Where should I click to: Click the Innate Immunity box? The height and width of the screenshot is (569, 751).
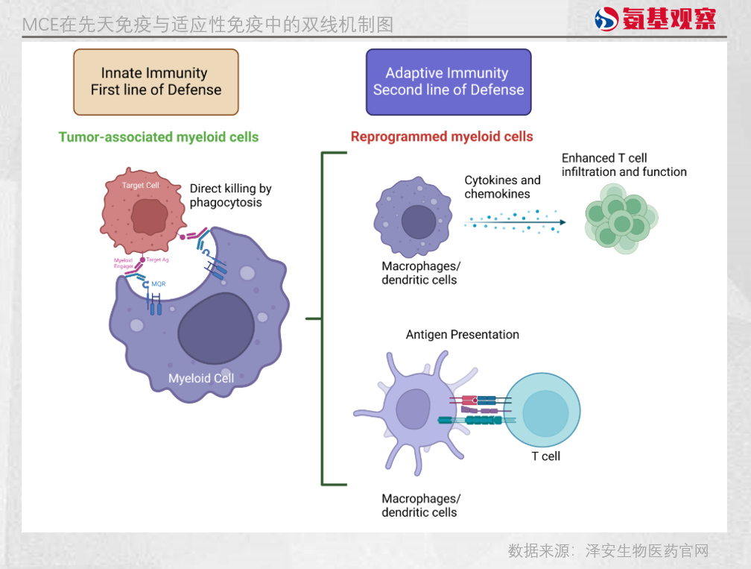(156, 82)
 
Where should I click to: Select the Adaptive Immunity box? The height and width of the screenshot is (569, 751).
(449, 82)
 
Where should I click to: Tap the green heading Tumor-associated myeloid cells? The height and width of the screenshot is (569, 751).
(159, 137)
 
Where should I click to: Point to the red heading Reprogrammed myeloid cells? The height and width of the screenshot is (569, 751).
(442, 137)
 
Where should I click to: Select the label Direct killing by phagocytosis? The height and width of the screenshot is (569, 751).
(229, 195)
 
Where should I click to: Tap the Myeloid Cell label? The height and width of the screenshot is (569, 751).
(201, 378)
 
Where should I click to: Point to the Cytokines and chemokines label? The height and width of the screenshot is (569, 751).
(502, 187)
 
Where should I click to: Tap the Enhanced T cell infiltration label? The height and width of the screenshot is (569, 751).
(624, 165)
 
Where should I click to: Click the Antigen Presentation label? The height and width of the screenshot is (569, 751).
(462, 335)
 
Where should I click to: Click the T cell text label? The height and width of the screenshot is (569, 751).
(545, 456)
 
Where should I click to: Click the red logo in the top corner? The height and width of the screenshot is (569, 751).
(656, 19)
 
